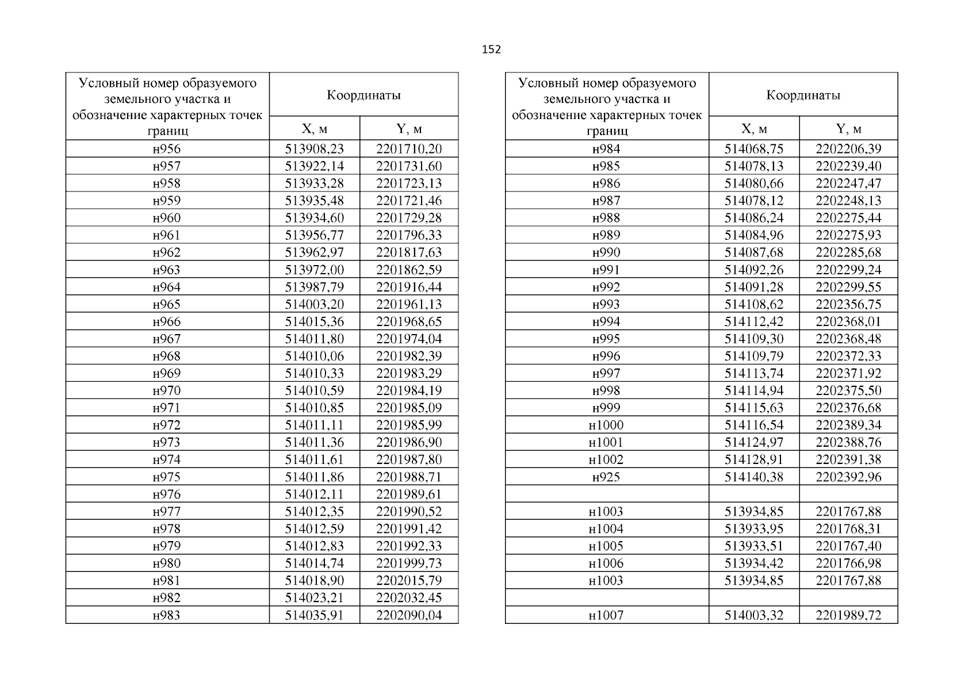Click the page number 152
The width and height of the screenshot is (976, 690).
(x=491, y=49)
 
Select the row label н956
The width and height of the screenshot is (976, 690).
(x=167, y=149)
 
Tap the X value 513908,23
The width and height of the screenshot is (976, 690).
(x=314, y=149)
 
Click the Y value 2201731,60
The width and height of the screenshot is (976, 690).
(x=409, y=166)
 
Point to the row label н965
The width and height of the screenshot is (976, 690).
(x=167, y=304)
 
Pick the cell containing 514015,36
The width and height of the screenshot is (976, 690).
(x=314, y=321)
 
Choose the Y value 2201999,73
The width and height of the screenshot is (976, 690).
(x=409, y=563)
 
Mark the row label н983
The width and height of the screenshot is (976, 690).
(x=167, y=615)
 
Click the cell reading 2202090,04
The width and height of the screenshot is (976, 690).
(x=409, y=615)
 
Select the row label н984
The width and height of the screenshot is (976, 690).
(x=606, y=149)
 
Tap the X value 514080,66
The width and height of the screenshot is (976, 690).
(x=753, y=183)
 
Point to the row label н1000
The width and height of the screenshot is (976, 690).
(x=606, y=425)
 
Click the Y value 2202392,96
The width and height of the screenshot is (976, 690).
(x=848, y=477)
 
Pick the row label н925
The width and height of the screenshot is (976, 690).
(x=606, y=477)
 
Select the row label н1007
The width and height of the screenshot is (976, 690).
(x=606, y=615)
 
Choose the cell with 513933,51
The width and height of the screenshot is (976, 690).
(x=753, y=546)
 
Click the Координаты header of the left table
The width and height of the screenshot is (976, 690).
(x=363, y=95)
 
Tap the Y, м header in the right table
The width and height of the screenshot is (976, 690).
(x=848, y=129)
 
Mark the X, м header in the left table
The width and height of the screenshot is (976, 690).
(x=314, y=129)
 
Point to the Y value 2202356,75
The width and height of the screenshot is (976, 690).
(x=848, y=304)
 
